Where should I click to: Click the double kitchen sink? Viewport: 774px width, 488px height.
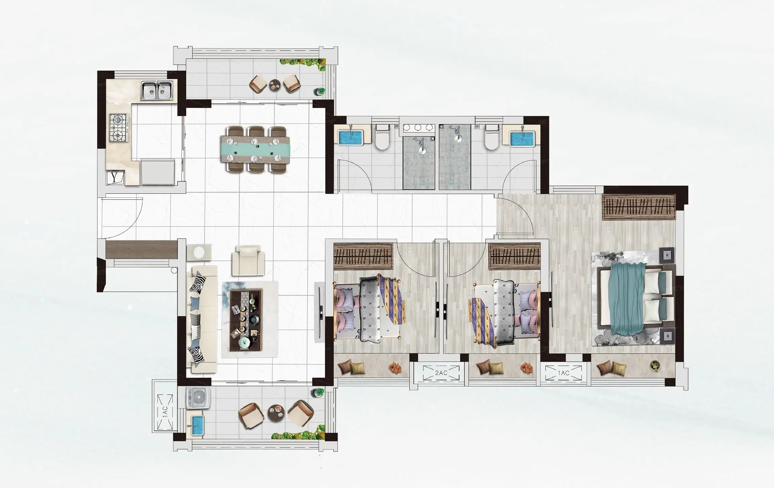coord(157,90)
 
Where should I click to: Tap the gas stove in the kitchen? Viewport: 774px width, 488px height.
coord(119,128)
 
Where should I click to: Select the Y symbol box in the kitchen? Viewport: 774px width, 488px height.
coord(115,178)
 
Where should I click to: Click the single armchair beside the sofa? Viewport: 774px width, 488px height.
coord(248,260)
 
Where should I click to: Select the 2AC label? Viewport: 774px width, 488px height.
coord(441,373)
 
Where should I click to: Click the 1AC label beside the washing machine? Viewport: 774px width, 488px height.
coord(165,411)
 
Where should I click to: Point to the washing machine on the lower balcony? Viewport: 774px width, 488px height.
coord(199,398)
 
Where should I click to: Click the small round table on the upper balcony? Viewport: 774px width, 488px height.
coord(275,85)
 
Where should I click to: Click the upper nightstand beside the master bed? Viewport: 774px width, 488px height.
coord(667,255)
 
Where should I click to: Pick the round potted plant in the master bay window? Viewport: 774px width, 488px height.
coord(655,365)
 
